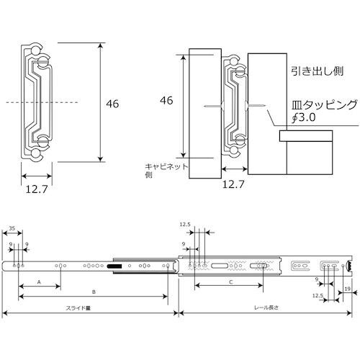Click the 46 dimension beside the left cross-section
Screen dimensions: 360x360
point(112,104)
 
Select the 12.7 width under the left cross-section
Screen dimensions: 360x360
point(35,189)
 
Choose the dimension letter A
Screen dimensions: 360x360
point(39,282)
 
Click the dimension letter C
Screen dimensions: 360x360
point(230,282)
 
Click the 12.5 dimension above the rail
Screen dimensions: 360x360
point(186,225)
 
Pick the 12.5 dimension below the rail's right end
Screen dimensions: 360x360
point(318,295)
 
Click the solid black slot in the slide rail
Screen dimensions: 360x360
point(115,267)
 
